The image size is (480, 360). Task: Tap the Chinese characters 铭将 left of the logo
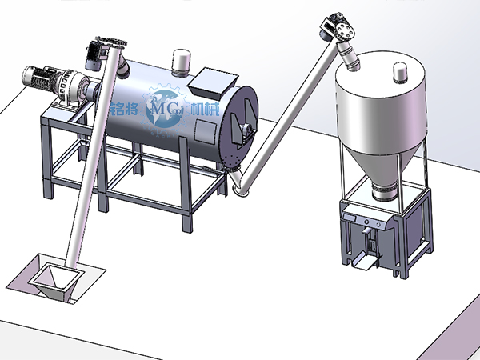coord(124,108)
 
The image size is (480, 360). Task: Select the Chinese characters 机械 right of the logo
coord(205,110)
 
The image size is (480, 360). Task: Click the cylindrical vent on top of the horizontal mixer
coord(182,62)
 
